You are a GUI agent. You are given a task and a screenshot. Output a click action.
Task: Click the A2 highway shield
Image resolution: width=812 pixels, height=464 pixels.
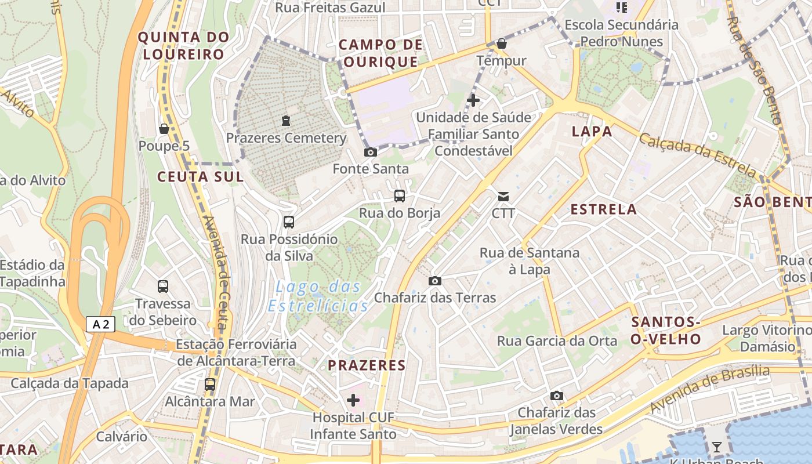[x=100, y=324]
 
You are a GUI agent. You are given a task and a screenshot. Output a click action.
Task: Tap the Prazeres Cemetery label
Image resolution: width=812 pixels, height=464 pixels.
[x=286, y=138]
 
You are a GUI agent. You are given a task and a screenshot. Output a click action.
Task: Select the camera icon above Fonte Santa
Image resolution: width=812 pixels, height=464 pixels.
[x=370, y=153]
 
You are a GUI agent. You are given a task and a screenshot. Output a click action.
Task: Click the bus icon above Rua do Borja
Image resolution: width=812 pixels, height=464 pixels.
[x=400, y=196]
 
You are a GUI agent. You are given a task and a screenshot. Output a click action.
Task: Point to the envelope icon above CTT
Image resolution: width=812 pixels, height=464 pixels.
[x=503, y=197]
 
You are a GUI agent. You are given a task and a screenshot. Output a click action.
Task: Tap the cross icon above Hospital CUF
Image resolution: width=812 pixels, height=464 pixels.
[x=353, y=400]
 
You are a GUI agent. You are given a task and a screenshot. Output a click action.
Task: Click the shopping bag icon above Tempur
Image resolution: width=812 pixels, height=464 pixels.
[x=502, y=43]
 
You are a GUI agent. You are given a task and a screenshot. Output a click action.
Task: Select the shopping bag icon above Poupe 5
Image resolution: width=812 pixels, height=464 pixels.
[x=164, y=129]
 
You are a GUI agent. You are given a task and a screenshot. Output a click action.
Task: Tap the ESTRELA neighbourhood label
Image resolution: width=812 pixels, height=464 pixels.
[x=603, y=209]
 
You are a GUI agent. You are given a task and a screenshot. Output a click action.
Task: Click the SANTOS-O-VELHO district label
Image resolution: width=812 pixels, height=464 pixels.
[x=666, y=331]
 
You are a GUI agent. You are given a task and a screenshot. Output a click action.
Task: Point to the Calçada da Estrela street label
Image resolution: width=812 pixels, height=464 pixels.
[x=698, y=155]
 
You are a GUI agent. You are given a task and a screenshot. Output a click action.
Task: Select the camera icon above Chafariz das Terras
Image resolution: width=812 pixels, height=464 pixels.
[x=434, y=281]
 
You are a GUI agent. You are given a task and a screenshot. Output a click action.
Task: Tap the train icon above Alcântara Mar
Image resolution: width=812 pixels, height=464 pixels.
[x=210, y=384]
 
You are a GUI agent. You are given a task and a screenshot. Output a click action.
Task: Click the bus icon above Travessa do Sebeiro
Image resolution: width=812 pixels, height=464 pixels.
[x=163, y=286]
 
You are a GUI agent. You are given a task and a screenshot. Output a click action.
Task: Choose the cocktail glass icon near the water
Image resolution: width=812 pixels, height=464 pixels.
[x=717, y=447]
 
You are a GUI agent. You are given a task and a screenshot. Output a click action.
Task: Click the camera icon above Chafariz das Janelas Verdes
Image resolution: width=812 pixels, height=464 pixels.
[x=556, y=396]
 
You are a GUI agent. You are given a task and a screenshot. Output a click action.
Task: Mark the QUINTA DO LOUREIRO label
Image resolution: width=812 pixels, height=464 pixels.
[x=183, y=46]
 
